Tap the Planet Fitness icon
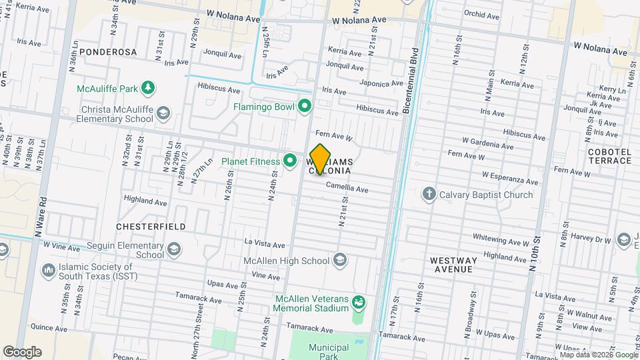(290, 161)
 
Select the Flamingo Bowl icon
(305, 106)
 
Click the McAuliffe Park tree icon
(148, 88)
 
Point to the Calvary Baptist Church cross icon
(429, 195)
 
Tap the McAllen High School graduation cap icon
(340, 261)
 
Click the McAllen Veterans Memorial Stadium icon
(359, 303)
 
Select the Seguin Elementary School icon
(173, 249)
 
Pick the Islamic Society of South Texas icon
(48, 271)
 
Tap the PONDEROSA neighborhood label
(108, 51)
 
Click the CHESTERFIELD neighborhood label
(151, 227)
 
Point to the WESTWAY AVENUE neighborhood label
(451, 265)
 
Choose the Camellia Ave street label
(347, 189)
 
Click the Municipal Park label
(329, 352)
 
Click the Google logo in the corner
(22, 352)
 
